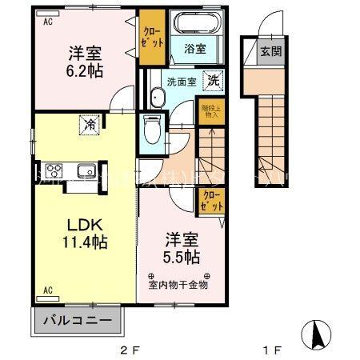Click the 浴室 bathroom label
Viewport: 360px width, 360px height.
coord(194,47)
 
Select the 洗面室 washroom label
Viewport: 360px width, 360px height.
coord(181,81)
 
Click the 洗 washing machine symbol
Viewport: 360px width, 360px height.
coord(213,80)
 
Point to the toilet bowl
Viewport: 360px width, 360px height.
coord(152,128)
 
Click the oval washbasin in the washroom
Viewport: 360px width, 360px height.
coord(154,98)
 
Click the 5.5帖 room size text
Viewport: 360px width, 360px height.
coord(181,258)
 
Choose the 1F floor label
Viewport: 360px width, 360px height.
coord(273,349)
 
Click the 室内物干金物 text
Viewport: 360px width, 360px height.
coord(178,283)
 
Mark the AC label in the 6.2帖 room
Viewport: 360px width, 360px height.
coord(48,22)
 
